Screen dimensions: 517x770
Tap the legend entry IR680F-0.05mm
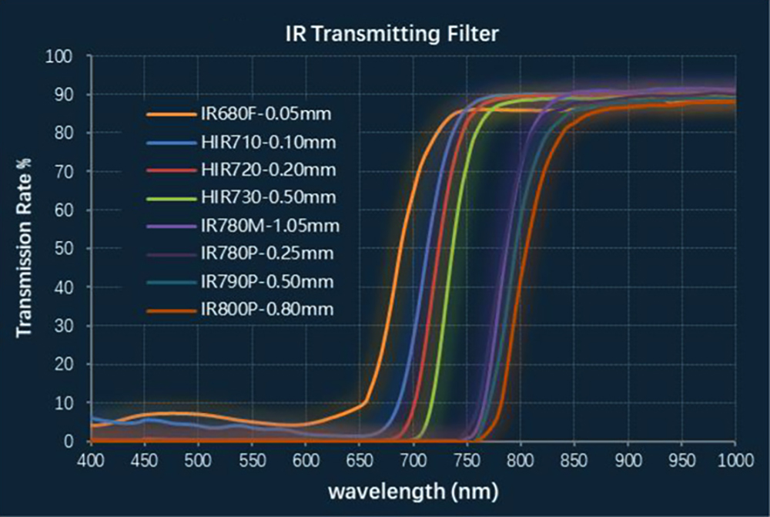pyautogui.click(x=265, y=115)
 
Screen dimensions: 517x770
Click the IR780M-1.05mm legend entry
pyautogui.click(x=269, y=226)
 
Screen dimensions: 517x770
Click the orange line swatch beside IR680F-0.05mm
pyautogui.click(x=169, y=115)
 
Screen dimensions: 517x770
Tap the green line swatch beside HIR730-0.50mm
pyautogui.click(x=169, y=198)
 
